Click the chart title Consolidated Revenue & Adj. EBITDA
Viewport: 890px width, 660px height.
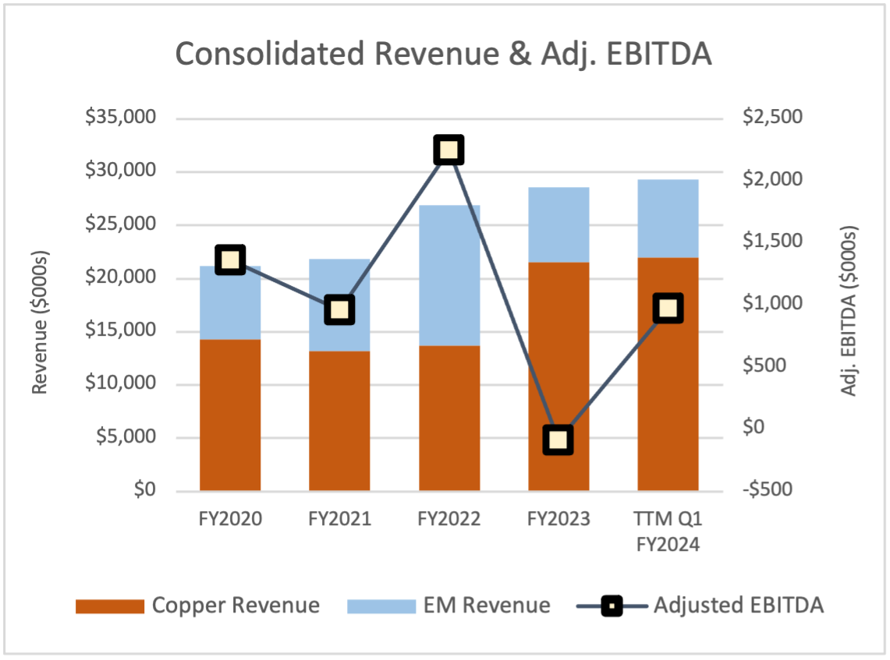(x=443, y=55)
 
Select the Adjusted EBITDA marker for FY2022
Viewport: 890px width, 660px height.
(x=449, y=150)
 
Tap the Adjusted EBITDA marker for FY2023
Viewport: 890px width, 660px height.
(x=558, y=440)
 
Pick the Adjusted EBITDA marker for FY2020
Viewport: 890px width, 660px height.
(x=230, y=259)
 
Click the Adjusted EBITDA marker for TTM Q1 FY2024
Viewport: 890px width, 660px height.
(x=668, y=309)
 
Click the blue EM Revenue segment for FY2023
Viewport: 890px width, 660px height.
(x=558, y=224)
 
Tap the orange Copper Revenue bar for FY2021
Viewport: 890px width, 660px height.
(x=339, y=421)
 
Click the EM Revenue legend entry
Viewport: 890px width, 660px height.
(x=449, y=605)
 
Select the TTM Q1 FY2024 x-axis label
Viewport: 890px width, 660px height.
(x=668, y=531)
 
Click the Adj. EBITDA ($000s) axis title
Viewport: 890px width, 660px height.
(x=849, y=312)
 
